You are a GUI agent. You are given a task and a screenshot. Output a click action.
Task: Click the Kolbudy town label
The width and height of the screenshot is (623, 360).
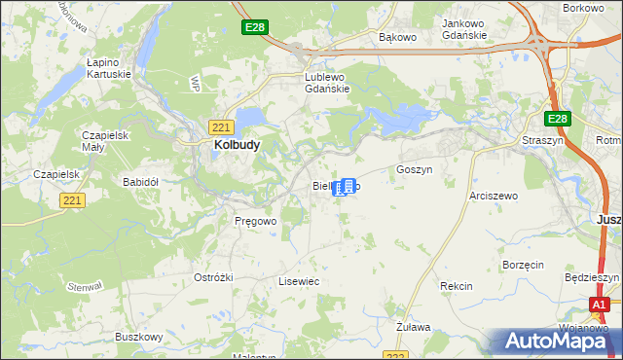point(236,145)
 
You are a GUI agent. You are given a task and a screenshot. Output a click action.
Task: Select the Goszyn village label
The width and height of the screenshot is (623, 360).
point(414,168)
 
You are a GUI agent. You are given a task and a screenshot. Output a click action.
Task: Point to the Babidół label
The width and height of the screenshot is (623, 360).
point(140,181)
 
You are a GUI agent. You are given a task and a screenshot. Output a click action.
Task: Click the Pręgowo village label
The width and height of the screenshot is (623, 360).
point(256,221)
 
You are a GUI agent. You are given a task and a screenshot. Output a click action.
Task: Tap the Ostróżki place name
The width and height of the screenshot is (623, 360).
point(213,277)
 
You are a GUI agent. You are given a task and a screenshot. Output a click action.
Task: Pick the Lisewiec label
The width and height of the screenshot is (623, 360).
point(299,280)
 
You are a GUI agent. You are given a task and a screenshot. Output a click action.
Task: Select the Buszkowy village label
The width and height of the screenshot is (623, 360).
point(138,337)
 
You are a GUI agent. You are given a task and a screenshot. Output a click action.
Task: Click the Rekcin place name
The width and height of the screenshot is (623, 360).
point(456,286)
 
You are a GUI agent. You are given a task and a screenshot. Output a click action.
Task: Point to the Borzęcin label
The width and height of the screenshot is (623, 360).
point(523,265)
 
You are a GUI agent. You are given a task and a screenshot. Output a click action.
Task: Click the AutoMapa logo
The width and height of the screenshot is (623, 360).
point(558,342)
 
